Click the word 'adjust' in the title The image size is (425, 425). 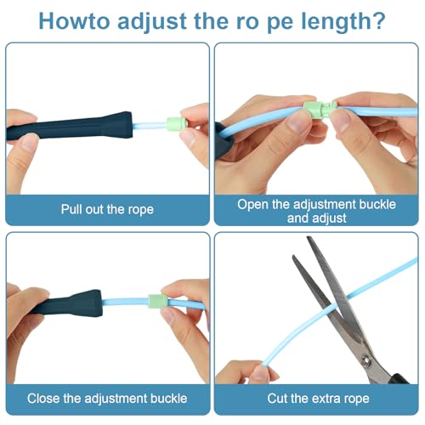click(x=152, y=22)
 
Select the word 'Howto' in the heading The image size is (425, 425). click(x=74, y=20)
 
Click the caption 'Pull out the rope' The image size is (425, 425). click(x=107, y=210)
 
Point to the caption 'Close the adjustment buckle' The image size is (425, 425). click(x=107, y=399)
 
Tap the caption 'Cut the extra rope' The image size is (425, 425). click(x=318, y=399)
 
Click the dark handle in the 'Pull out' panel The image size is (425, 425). click(x=70, y=127)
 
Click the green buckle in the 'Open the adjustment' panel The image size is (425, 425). click(x=320, y=108)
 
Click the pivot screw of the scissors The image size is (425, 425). click(x=365, y=360)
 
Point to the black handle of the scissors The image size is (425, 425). click(x=399, y=379)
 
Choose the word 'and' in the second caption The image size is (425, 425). click(x=297, y=218)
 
